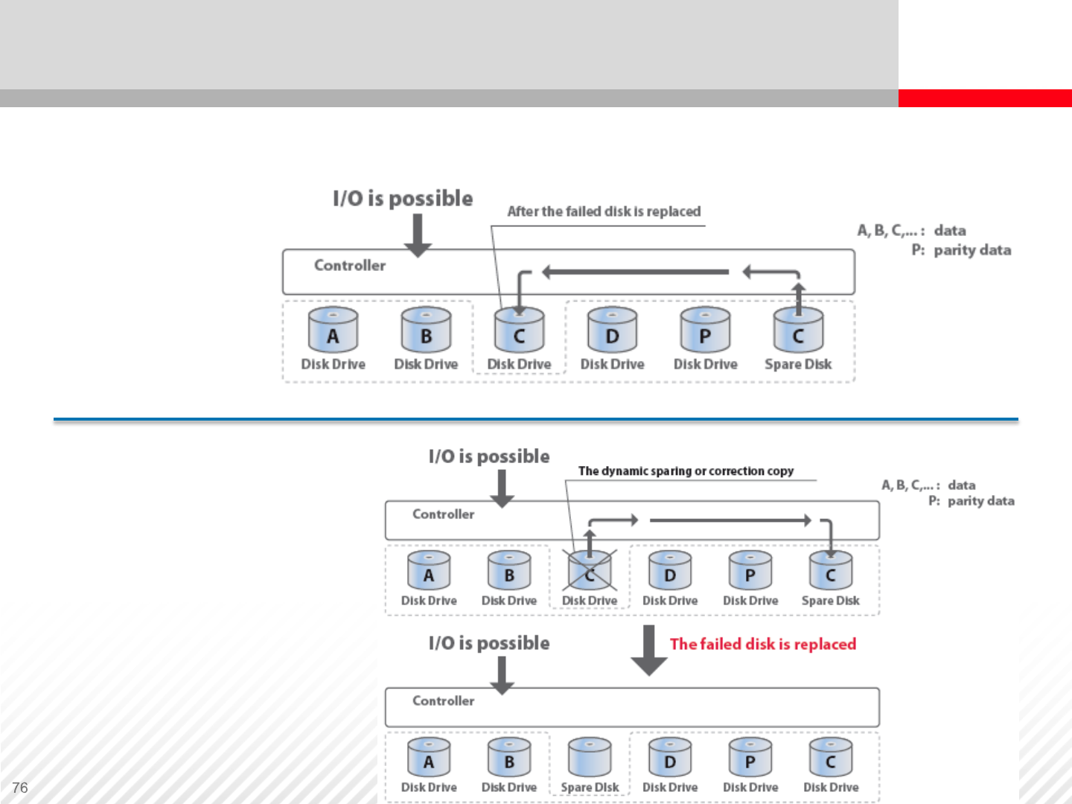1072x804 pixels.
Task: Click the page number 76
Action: click(x=20, y=788)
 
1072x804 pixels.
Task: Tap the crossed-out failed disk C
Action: click(x=590, y=571)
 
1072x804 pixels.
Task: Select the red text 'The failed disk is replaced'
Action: click(x=763, y=644)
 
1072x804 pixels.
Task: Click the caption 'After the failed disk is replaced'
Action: click(x=604, y=211)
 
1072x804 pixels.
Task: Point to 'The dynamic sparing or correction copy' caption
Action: click(x=686, y=471)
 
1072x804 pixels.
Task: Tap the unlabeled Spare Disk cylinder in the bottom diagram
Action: click(x=590, y=757)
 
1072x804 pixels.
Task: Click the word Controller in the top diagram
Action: click(x=350, y=265)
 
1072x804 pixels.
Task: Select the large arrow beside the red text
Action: click(x=649, y=650)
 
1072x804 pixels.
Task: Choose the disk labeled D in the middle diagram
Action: click(x=670, y=571)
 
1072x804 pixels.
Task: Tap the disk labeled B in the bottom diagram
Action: click(x=509, y=757)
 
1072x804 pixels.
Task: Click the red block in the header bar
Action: click(x=985, y=98)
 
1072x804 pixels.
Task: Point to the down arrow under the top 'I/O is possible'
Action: click(x=418, y=234)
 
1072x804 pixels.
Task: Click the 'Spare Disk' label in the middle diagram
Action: click(x=830, y=601)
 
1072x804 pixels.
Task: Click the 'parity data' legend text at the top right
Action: click(x=972, y=250)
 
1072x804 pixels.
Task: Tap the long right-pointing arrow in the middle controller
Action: click(x=730, y=520)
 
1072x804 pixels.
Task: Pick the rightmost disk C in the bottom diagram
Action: click(x=831, y=757)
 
